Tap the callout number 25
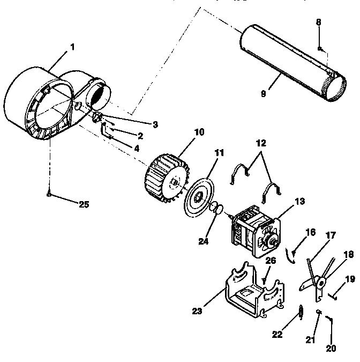tap(84, 204)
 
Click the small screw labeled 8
tap(320, 49)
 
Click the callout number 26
tap(271, 261)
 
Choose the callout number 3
tap(155, 124)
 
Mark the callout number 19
tap(350, 279)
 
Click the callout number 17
tap(330, 235)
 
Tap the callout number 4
tap(138, 148)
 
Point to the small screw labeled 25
tap(49, 194)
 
